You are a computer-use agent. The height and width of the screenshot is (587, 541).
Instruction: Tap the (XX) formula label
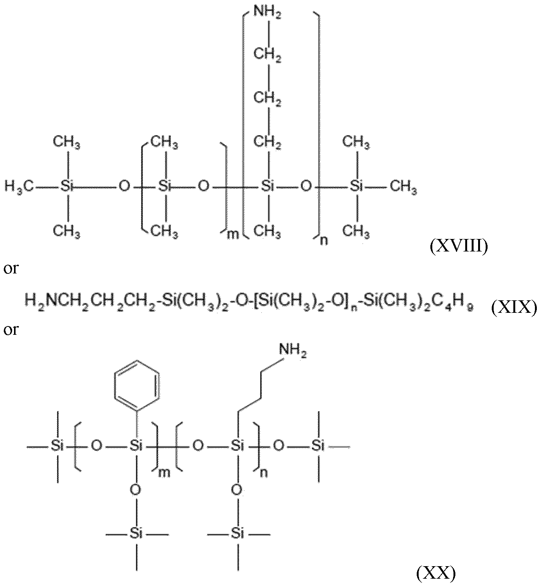(436, 574)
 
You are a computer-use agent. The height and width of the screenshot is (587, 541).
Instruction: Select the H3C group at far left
(20, 187)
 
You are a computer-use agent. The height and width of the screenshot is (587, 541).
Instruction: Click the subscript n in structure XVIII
(323, 241)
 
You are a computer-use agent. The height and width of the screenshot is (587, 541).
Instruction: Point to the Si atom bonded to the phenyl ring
(136, 446)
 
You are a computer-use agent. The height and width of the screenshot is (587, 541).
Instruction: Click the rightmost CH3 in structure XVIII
(403, 187)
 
